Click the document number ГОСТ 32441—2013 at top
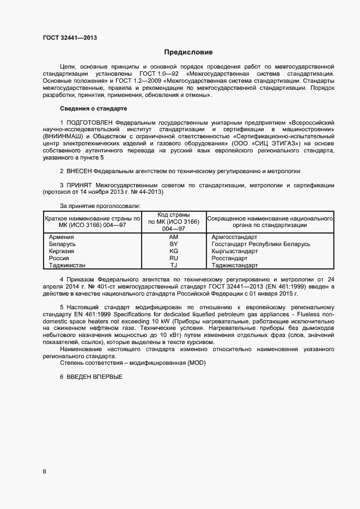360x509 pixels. coord(71,38)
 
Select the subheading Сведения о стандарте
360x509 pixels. coord(93,108)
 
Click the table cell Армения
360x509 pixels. coord(61,237)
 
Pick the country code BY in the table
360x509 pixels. coord(174,244)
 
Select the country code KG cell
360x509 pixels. coord(174,252)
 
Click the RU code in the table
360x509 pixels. coord(174,258)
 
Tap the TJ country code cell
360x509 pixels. coord(174,265)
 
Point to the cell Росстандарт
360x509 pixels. coord(229,258)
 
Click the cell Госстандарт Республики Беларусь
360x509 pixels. coord(260,244)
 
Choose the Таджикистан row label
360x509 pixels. coord(67,265)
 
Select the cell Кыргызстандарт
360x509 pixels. coord(235,252)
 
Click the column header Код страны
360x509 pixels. coord(174,215)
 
